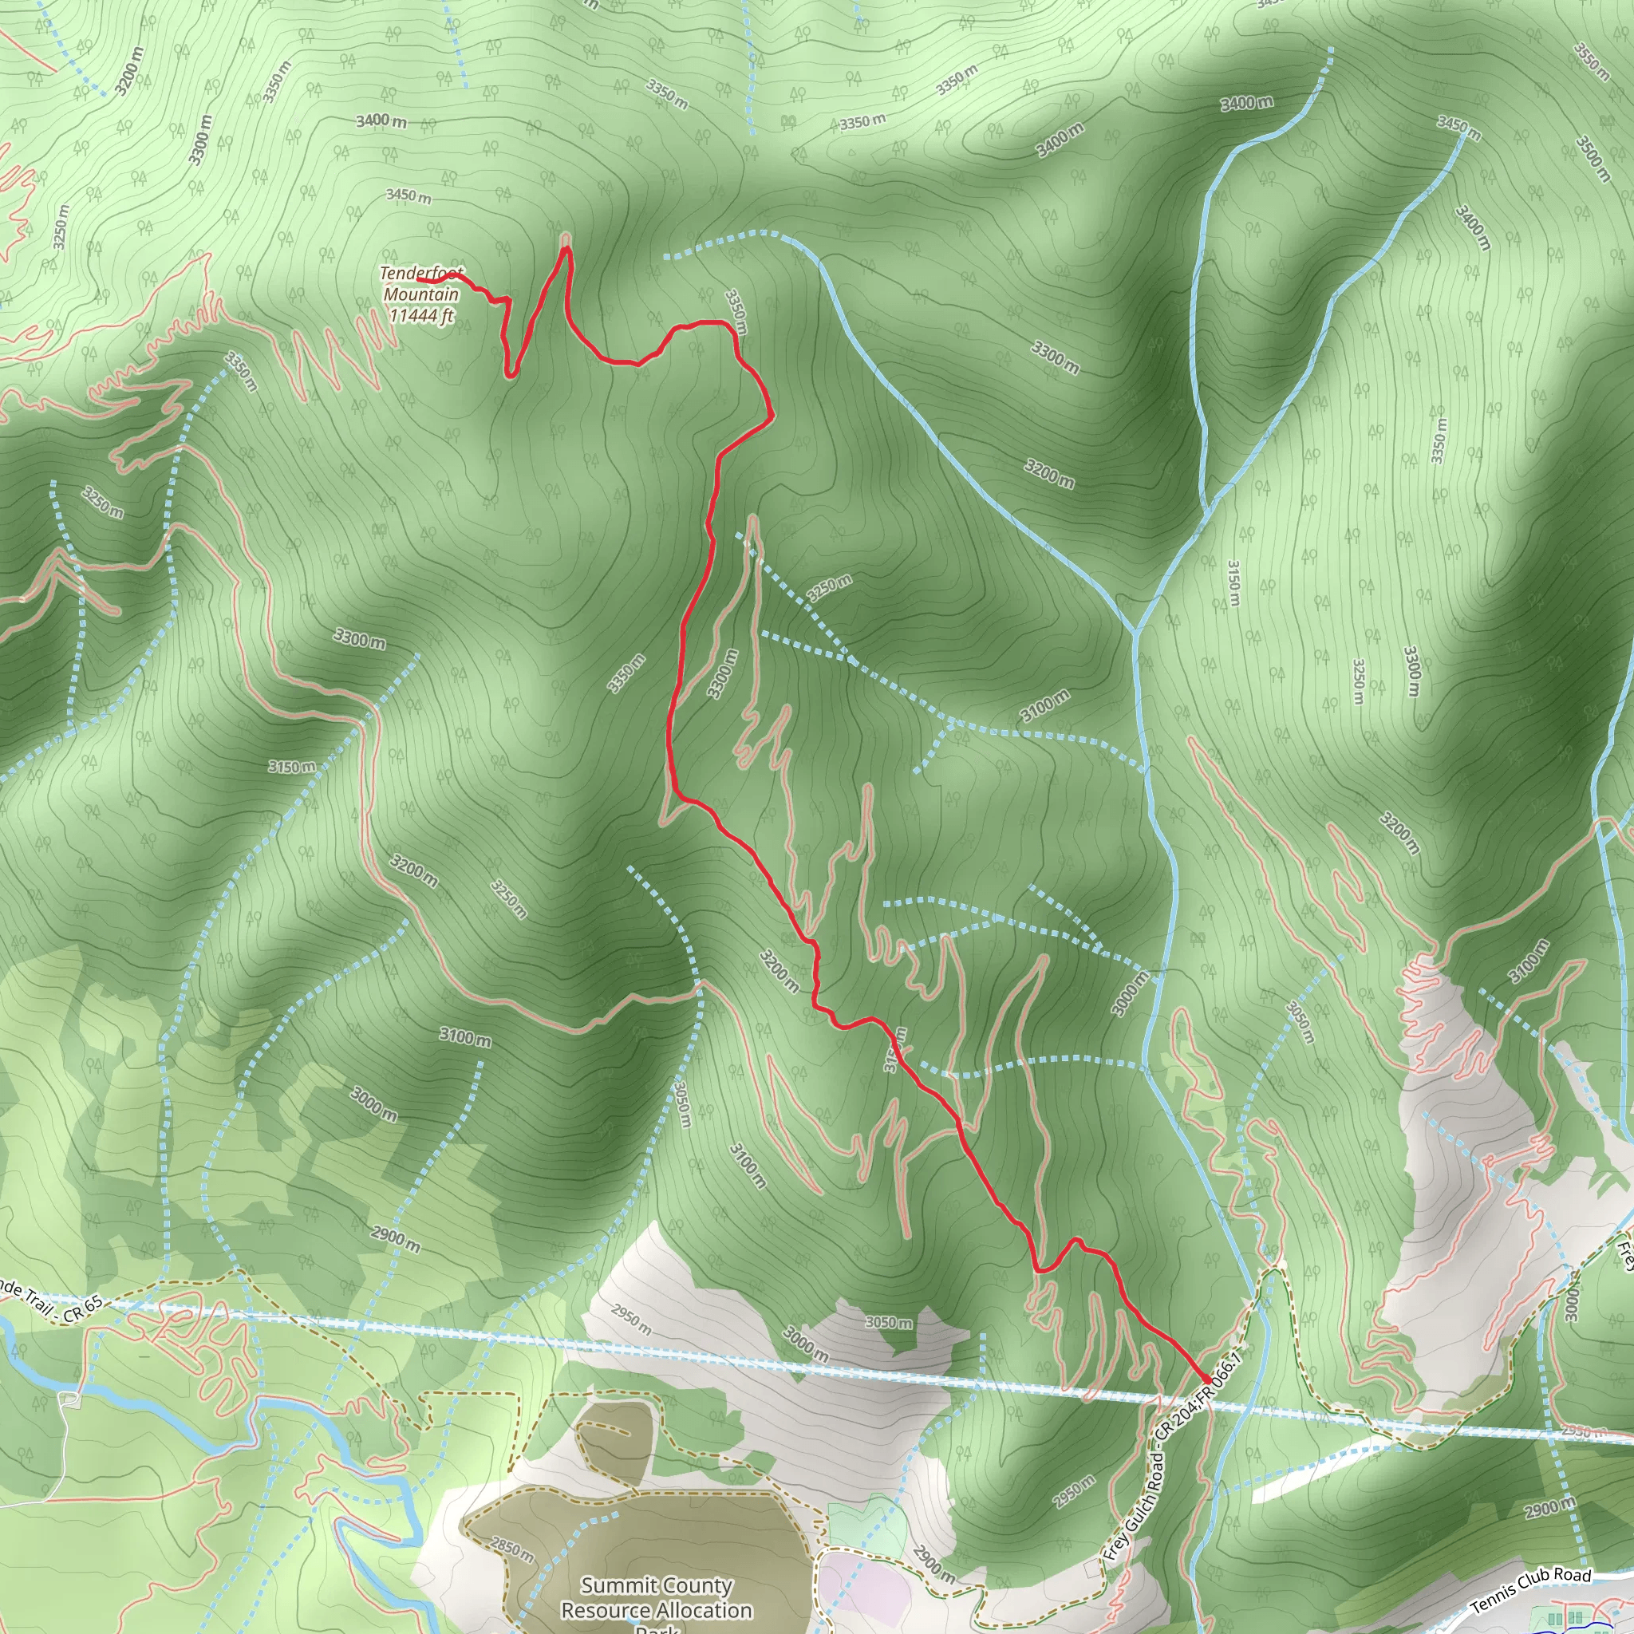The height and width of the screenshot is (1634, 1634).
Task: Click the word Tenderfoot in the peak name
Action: click(420, 273)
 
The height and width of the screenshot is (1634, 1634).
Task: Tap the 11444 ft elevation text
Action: click(421, 315)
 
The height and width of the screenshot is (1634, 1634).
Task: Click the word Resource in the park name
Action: click(602, 1610)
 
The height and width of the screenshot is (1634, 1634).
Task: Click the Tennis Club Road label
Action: click(1531, 1590)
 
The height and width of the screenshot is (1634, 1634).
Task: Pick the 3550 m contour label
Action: click(1591, 61)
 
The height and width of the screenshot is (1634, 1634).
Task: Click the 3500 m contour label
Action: click(1593, 158)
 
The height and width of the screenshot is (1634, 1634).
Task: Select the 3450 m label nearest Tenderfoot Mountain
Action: click(408, 195)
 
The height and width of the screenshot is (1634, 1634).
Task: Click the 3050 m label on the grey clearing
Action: click(889, 1322)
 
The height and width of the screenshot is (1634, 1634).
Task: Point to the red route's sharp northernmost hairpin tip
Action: click(566, 247)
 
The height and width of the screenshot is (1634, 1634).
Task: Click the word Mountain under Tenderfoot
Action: click(421, 294)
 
